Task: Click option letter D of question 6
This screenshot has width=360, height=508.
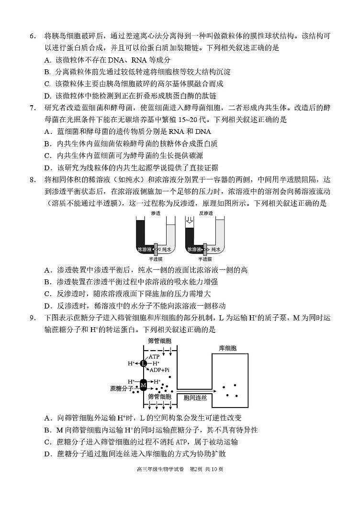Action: coord(47,96)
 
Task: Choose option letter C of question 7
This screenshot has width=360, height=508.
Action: coord(47,155)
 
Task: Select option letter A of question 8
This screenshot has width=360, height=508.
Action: coord(47,270)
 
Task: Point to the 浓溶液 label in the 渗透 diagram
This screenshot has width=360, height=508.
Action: coord(144,250)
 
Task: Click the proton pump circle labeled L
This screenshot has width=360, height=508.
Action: coord(144,364)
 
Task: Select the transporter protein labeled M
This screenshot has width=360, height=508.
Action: coord(143,384)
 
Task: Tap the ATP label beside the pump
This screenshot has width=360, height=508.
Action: coord(154,357)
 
